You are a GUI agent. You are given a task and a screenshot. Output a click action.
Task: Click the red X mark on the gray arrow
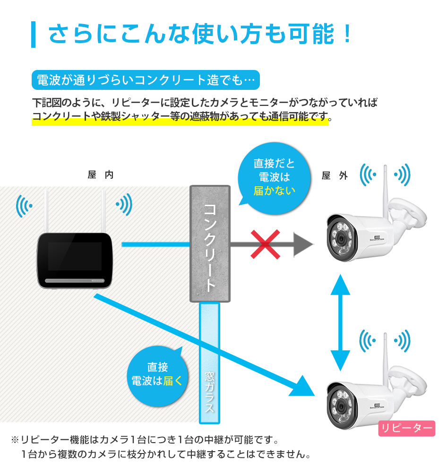[266, 244]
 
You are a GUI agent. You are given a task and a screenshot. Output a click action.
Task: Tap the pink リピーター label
[406, 428]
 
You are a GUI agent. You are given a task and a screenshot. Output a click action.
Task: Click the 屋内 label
[101, 174]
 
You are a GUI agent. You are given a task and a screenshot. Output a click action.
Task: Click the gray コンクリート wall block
[210, 244]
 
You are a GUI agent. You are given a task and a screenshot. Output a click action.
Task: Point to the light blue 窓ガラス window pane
[209, 363]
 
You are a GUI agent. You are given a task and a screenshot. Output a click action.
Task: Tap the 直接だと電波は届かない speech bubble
[274, 178]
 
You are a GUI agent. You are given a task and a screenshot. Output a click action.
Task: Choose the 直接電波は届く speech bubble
[157, 375]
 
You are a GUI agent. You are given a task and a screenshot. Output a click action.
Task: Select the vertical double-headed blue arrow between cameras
[340, 323]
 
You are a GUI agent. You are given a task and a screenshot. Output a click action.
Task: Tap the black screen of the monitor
[75, 256]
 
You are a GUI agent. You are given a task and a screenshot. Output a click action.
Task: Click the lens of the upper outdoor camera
[341, 239]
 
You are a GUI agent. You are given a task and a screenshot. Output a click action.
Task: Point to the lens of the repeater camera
[341, 406]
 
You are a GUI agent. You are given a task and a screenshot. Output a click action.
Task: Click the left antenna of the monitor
[46, 211]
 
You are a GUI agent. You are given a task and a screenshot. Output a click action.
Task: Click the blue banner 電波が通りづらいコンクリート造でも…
[146, 80]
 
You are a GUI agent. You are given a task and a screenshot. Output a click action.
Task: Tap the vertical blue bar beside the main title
[34, 35]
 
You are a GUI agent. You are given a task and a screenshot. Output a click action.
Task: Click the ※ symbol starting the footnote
[15, 440]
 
